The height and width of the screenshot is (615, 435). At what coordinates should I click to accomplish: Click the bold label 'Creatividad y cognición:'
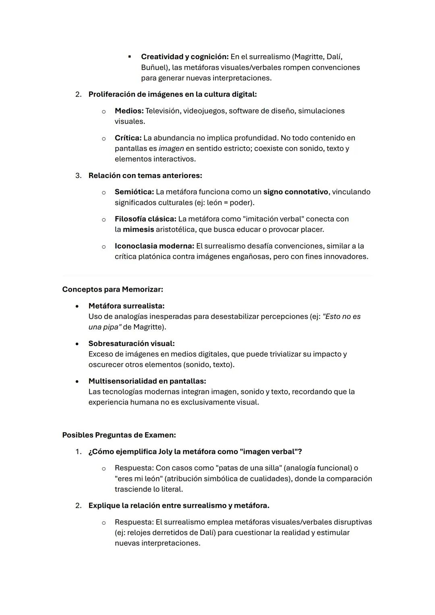click(x=184, y=57)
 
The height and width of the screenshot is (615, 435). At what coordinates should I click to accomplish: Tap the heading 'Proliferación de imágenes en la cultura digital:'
click(x=172, y=94)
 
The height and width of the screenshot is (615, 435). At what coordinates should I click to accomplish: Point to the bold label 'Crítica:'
click(x=128, y=138)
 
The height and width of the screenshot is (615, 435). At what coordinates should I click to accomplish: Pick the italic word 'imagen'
click(x=171, y=148)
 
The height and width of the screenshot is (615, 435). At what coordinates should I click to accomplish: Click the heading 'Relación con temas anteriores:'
click(x=145, y=176)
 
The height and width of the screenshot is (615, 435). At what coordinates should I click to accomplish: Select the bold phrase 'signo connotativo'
click(x=296, y=192)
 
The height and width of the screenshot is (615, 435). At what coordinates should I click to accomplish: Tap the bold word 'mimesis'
click(x=138, y=229)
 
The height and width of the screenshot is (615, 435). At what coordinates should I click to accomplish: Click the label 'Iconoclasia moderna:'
click(x=154, y=246)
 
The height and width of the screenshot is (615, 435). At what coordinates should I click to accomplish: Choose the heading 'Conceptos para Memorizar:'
click(x=112, y=289)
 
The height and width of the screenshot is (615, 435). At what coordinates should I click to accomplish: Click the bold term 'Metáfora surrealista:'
click(x=126, y=306)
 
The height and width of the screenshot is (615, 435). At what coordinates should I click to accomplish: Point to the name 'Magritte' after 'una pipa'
click(x=148, y=327)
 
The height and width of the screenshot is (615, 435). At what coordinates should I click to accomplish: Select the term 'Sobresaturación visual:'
click(x=131, y=344)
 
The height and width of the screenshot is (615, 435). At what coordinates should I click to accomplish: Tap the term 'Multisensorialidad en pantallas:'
click(x=147, y=381)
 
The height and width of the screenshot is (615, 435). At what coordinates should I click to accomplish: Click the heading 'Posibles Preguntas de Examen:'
click(x=119, y=435)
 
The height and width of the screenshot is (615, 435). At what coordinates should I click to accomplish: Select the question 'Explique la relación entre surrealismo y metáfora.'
click(x=179, y=505)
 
